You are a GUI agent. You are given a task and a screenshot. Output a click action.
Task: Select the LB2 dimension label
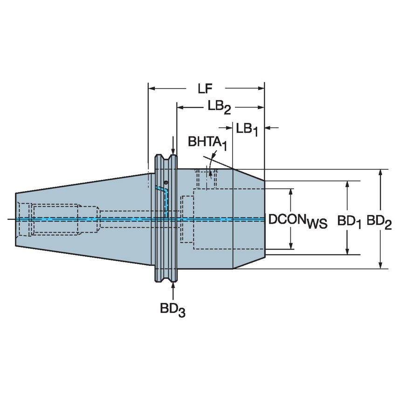click(219, 107)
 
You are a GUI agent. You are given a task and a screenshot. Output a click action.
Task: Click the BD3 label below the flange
click(173, 309)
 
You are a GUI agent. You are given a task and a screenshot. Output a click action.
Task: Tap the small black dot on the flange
click(165, 182)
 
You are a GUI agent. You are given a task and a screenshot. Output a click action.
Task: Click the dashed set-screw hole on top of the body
click(205, 178)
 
